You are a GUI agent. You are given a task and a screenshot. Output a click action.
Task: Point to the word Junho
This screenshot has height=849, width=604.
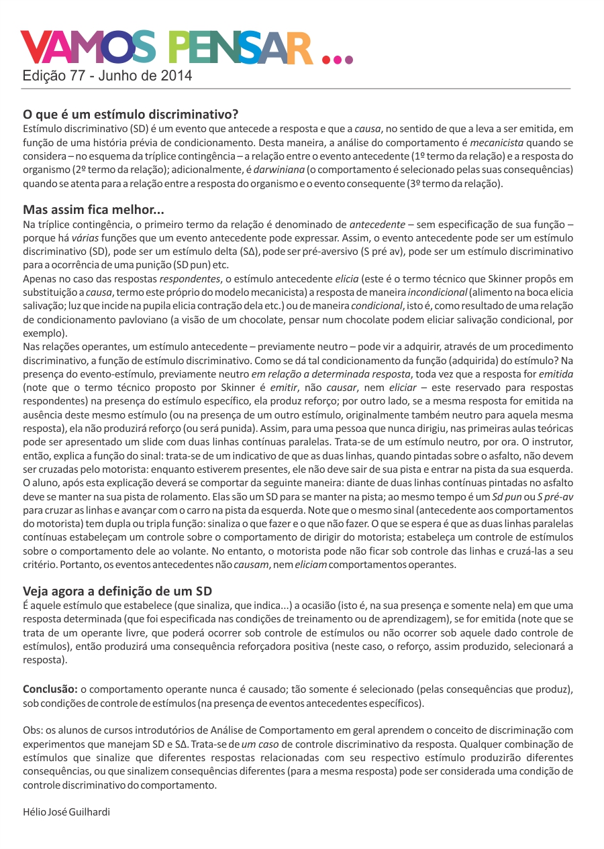click(x=117, y=76)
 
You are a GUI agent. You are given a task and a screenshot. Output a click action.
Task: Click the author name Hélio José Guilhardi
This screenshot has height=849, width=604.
click(x=66, y=811)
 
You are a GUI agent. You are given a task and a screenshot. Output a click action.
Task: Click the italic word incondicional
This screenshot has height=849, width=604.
click(x=437, y=292)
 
